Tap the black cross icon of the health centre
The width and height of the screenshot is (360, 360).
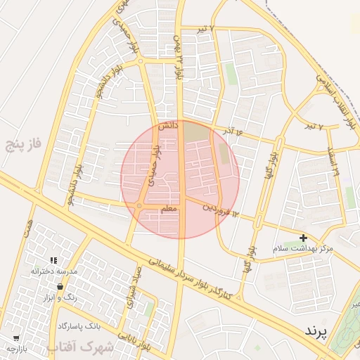tap(303, 238)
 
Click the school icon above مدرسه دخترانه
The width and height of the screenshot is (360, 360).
tap(53, 261)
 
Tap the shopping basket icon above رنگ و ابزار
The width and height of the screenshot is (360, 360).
tap(60, 287)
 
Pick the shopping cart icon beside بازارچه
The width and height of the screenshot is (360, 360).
tap(15, 338)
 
